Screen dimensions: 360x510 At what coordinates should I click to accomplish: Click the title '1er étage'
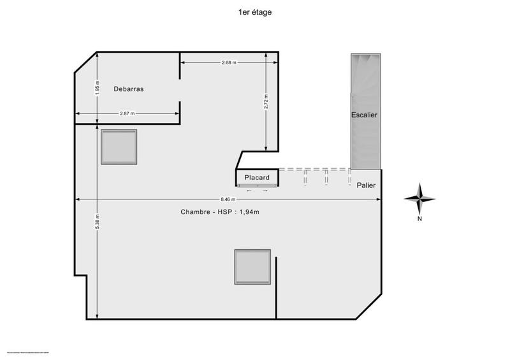click(254, 11)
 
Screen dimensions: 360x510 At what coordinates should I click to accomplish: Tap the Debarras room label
click(129, 89)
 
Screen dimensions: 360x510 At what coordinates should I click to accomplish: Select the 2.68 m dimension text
click(229, 62)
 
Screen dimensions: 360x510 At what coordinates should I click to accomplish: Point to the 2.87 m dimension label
click(127, 113)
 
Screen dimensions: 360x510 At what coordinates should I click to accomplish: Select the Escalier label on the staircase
click(365, 115)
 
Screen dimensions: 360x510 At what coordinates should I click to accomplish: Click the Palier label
click(366, 185)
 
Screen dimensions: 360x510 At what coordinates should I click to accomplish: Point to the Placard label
click(257, 178)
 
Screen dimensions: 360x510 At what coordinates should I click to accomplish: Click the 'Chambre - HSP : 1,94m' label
click(220, 212)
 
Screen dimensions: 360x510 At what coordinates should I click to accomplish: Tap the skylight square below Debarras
click(119, 147)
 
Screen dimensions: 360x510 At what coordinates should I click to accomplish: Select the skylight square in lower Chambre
click(252, 266)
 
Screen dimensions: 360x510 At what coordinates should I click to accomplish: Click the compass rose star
click(419, 199)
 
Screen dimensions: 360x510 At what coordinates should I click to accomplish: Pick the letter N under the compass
click(419, 219)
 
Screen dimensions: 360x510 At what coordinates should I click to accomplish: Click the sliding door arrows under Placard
click(257, 190)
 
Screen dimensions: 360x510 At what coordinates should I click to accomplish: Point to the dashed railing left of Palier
click(315, 170)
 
